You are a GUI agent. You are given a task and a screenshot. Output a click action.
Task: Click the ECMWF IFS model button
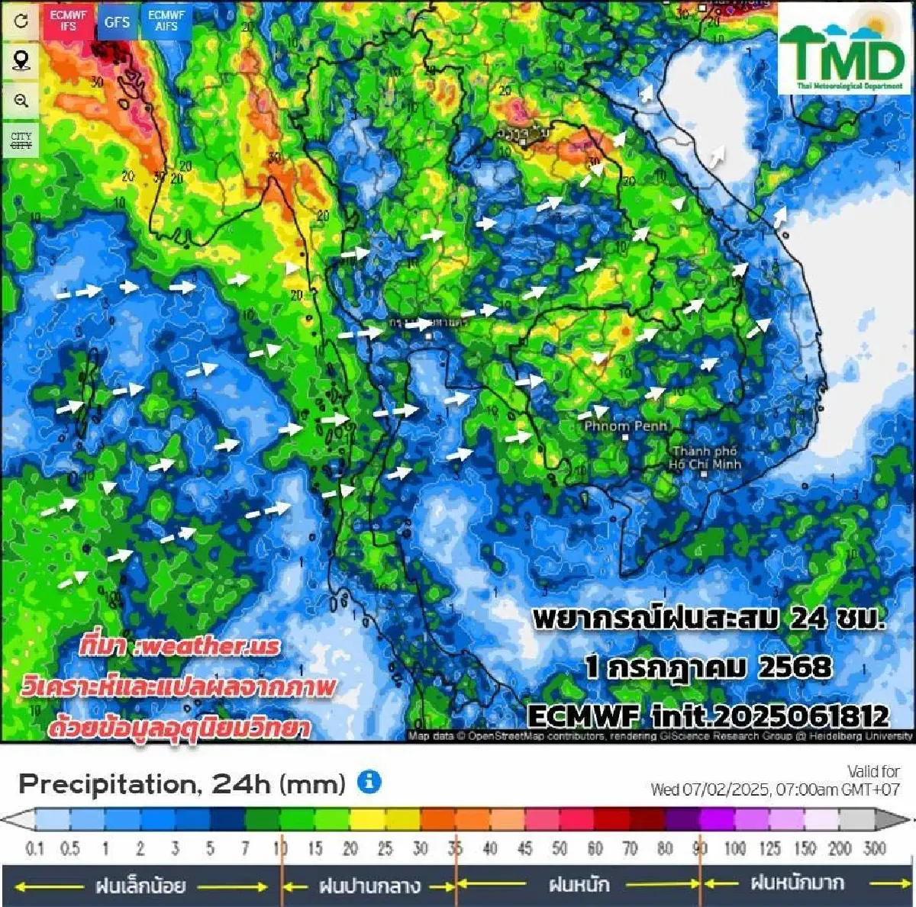69,21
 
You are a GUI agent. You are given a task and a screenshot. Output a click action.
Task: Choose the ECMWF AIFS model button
166,21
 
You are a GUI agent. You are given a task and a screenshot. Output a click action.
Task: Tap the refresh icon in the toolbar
21,21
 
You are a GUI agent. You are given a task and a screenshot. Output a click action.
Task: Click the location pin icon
21,60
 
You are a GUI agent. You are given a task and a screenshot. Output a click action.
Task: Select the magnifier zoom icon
21,100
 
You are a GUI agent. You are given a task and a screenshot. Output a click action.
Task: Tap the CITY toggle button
21,140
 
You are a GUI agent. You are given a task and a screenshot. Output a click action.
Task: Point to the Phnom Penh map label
625,426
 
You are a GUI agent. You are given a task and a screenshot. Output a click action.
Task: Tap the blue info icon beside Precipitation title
369,782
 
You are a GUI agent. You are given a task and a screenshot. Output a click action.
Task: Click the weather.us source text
179,646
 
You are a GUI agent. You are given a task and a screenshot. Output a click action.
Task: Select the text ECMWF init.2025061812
708,716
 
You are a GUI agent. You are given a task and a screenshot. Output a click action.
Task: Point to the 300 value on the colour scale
874,848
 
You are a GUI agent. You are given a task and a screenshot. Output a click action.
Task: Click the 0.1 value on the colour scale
34,848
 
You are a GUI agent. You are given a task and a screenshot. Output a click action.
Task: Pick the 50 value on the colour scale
560,848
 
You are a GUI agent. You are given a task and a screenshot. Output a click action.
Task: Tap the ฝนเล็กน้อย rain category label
140,886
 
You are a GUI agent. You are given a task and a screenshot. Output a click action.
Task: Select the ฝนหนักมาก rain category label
797,884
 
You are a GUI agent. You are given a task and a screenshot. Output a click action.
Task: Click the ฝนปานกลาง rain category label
369,886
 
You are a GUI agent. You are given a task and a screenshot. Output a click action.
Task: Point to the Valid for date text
775,780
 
